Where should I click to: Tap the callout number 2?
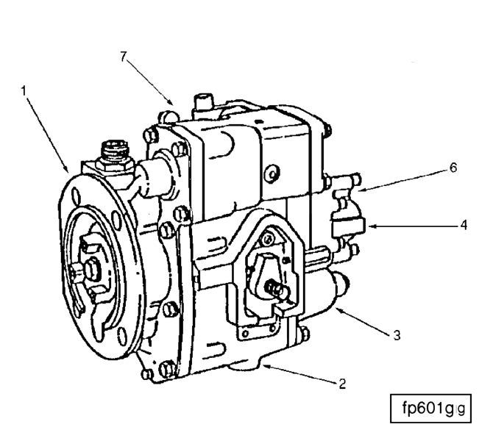point(341,383)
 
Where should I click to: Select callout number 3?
point(397,335)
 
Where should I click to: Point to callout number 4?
point(463,226)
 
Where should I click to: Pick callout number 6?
point(453,168)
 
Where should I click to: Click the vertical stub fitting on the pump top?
point(201,104)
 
